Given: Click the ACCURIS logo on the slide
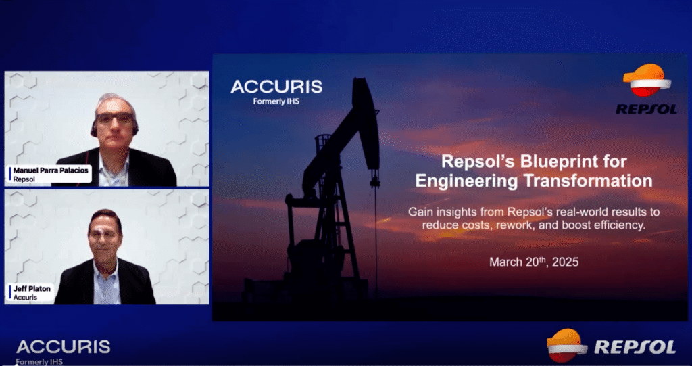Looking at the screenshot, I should click(276, 87).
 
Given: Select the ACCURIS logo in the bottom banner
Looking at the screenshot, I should click(63, 347).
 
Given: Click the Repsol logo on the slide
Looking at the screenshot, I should click(647, 89).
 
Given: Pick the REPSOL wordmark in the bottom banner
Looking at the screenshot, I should click(635, 347).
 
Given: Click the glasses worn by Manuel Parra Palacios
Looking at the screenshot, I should click(114, 118).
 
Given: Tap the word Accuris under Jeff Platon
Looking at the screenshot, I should click(25, 297).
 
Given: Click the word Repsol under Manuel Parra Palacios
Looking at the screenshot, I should click(24, 180).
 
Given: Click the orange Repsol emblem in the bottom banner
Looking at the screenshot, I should click(566, 345).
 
